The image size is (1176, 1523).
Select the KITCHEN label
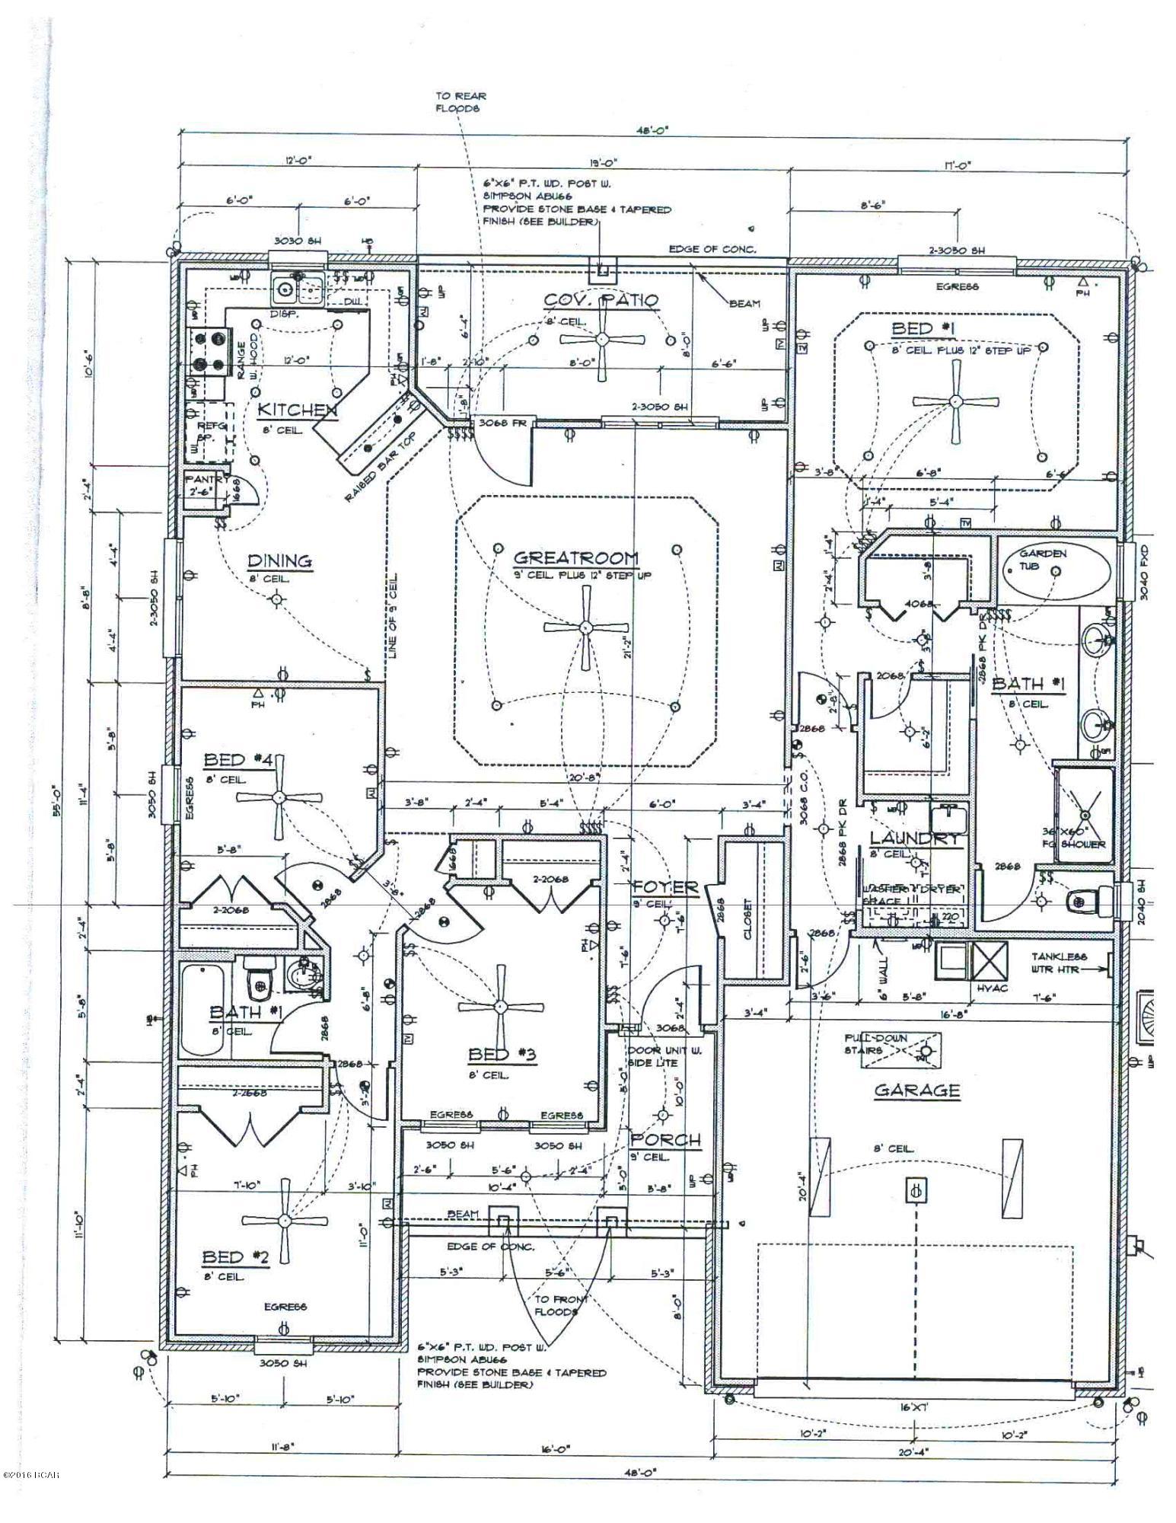[297, 410]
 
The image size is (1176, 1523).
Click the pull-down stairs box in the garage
[891, 1050]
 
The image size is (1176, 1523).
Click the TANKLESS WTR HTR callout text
[1060, 963]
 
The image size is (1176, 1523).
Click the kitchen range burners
[209, 352]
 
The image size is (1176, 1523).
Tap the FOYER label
[664, 886]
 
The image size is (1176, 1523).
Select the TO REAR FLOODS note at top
[460, 102]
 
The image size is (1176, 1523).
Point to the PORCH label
[665, 1140]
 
